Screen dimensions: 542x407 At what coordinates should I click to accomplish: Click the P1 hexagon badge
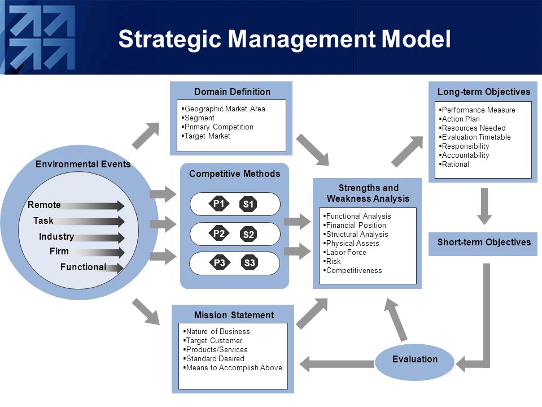[219, 203]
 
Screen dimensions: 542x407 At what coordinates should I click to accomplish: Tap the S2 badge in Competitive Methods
[248, 235]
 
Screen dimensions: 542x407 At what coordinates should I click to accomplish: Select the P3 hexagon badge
[220, 263]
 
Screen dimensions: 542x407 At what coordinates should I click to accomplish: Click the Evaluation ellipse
[414, 362]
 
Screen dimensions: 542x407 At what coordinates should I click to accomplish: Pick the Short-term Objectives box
[483, 244]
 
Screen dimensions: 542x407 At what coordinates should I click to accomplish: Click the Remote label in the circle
[44, 205]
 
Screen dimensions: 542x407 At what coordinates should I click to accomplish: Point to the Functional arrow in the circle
[114, 268]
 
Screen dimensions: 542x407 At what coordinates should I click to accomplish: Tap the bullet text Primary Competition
[219, 127]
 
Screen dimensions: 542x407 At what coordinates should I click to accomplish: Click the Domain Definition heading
[232, 92]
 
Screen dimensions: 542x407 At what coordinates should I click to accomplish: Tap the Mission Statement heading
[234, 315]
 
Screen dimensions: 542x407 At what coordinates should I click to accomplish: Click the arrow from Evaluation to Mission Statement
[336, 364]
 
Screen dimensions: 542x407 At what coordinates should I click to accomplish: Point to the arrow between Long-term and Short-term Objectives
[484, 206]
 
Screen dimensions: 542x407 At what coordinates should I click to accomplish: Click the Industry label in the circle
[56, 236]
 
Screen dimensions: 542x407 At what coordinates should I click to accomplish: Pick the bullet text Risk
[333, 262]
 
